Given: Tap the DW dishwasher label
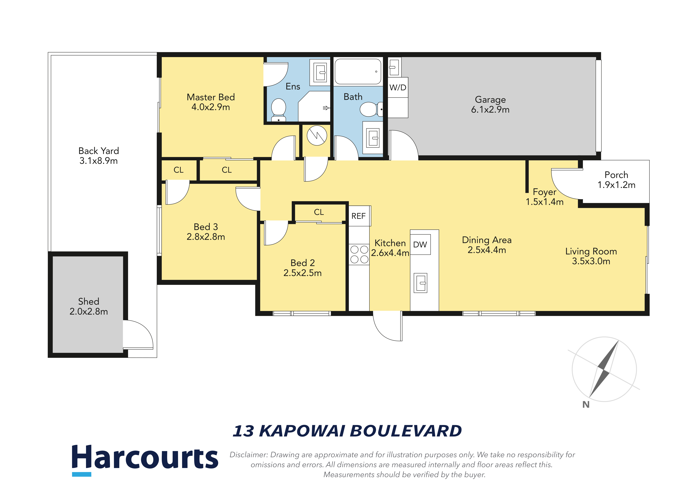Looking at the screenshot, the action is pos(420,244).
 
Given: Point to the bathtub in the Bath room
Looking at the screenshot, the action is pos(358,72).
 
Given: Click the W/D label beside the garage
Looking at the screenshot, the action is pos(398,88).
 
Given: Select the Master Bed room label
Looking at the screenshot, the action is pos(211,102).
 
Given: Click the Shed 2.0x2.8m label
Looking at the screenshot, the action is pos(89,306).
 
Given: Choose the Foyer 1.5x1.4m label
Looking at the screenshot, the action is pos(545,197).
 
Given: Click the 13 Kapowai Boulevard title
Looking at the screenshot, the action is pos(347,431).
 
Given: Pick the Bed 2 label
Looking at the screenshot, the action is pos(302,268).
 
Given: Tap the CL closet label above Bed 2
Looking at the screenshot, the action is pos(319,212).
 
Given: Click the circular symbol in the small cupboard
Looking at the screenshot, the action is pos(317,135).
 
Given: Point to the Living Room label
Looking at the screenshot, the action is pos(591,256).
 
